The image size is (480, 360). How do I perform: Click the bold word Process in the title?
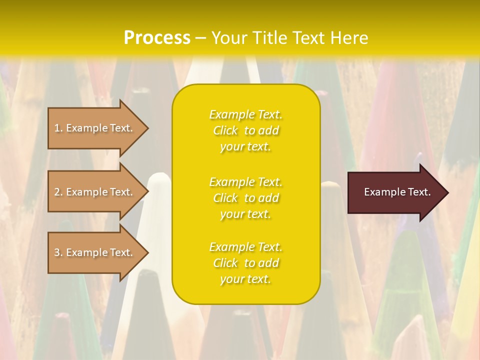(x=157, y=38)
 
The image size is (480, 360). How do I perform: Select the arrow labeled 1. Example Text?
(x=95, y=128)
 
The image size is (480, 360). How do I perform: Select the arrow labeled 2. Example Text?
(x=95, y=192)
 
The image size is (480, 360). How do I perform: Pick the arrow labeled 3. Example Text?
(x=95, y=252)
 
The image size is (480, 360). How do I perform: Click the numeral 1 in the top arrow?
(x=57, y=128)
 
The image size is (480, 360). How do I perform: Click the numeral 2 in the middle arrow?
(x=57, y=192)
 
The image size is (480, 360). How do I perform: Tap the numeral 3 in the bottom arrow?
(x=57, y=252)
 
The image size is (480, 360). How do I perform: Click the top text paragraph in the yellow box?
(x=246, y=130)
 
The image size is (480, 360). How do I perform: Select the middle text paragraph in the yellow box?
(x=246, y=198)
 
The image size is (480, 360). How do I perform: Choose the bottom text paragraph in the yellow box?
(x=246, y=263)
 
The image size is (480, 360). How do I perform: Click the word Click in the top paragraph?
(x=225, y=130)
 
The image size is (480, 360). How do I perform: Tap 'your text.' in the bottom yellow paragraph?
(x=245, y=279)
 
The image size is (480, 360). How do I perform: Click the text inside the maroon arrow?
(x=397, y=192)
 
